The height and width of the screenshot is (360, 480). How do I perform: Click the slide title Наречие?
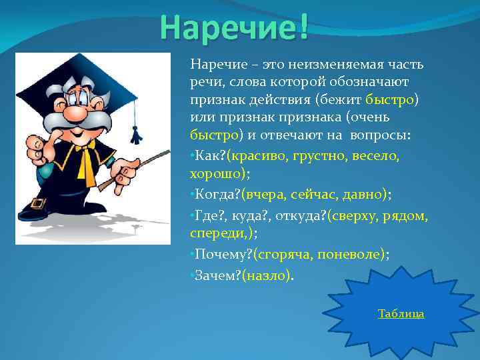(x=234, y=26)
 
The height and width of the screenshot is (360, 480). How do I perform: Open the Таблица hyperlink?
(x=401, y=314)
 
